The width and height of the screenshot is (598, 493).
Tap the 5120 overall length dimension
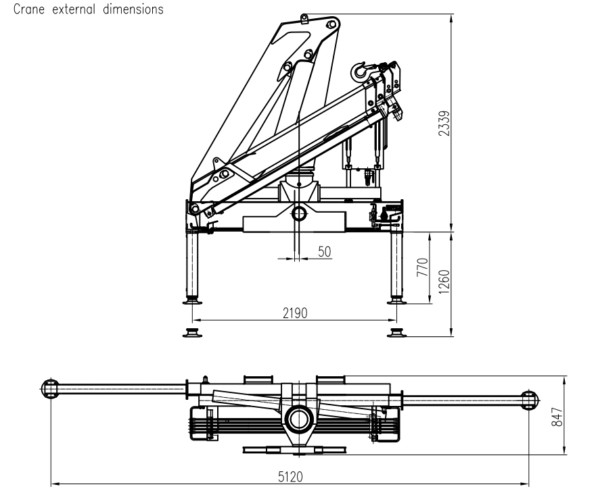(x=290, y=477)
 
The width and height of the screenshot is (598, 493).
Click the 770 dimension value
(x=423, y=267)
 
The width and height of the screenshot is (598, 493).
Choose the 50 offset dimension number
(x=324, y=251)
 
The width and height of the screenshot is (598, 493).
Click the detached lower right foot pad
(x=396, y=332)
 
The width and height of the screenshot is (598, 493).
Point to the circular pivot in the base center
(x=298, y=213)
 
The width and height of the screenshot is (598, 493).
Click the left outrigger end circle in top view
(x=50, y=388)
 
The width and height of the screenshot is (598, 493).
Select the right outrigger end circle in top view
(x=530, y=400)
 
